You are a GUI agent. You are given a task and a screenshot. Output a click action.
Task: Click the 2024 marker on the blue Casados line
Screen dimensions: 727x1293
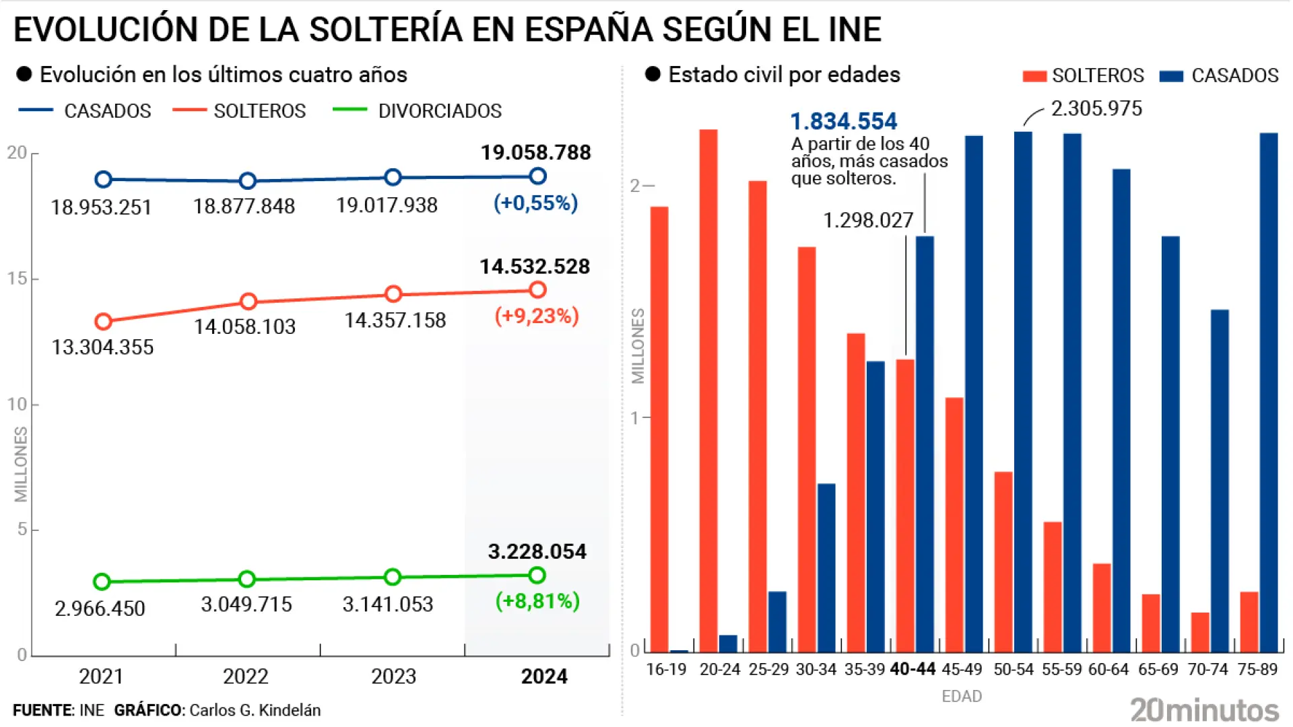[x=537, y=176]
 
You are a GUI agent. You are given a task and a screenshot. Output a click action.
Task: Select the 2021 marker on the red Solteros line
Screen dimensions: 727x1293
[x=103, y=322]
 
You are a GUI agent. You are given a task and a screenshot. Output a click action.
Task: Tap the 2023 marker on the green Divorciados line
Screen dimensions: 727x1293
[x=393, y=577]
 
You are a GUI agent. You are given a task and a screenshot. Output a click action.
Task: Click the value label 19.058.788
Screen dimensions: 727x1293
[x=535, y=153]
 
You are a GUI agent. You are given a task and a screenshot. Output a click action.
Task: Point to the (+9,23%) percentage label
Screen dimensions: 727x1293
[x=537, y=316]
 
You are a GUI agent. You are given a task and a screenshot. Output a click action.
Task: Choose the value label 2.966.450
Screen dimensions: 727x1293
[x=100, y=609]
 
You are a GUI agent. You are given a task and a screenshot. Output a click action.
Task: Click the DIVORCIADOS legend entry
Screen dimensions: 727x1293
[x=439, y=111]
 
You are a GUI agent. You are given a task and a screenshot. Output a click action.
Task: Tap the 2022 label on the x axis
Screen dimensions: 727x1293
[x=246, y=676]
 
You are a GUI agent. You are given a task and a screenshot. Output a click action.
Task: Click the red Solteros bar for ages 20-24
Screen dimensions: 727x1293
[x=708, y=390]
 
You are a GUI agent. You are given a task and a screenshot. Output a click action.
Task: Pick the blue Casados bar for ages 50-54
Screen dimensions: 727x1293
[x=1023, y=392]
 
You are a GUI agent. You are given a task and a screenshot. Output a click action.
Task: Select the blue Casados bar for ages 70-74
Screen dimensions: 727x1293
[x=1220, y=481]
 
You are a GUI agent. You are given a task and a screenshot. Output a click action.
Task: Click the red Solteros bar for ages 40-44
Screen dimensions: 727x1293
[x=905, y=506]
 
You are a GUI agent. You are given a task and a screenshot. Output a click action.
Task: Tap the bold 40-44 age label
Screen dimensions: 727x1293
[x=913, y=669]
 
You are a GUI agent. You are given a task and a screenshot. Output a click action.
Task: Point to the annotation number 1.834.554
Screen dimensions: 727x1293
[x=843, y=121]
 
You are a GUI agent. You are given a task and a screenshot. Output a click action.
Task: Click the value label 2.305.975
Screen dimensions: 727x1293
[x=1096, y=108]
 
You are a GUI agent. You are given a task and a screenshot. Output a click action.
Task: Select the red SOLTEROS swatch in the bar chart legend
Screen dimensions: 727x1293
[x=1034, y=76]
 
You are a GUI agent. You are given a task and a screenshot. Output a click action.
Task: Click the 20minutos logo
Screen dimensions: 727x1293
[x=1204, y=710]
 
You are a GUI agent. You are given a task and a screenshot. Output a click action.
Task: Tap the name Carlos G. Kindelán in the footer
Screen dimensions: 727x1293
[x=255, y=710]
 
